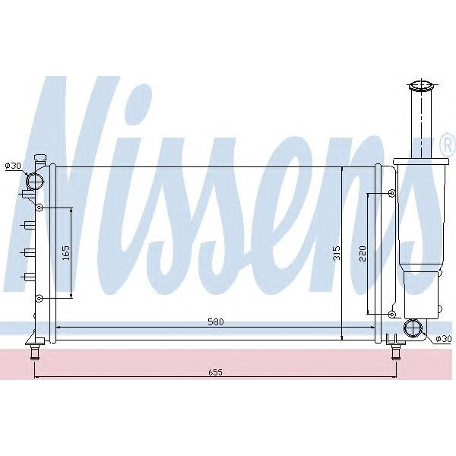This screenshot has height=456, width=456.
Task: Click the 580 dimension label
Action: pos(215,321)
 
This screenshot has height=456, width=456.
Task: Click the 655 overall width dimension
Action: pos(215,372)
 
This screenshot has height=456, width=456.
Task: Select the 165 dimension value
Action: pos(66,252)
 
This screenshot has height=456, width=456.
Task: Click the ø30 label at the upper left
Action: pos(13,166)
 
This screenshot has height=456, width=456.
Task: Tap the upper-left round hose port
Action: pos(35,181)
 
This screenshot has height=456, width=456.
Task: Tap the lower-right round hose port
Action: pos(413,328)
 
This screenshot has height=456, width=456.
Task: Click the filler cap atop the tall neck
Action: pos(420,85)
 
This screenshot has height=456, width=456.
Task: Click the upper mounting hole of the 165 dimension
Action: pos(39,208)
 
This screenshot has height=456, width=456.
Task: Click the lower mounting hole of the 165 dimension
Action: pos(39,297)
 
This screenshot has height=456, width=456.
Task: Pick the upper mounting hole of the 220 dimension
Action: pos(391,194)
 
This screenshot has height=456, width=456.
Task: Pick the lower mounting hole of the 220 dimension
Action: pos(391,313)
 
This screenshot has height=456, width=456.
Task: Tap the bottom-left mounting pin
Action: pos(35,353)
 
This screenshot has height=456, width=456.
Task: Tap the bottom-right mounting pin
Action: pos(395,352)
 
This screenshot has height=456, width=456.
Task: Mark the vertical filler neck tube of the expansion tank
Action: pos(420,125)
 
